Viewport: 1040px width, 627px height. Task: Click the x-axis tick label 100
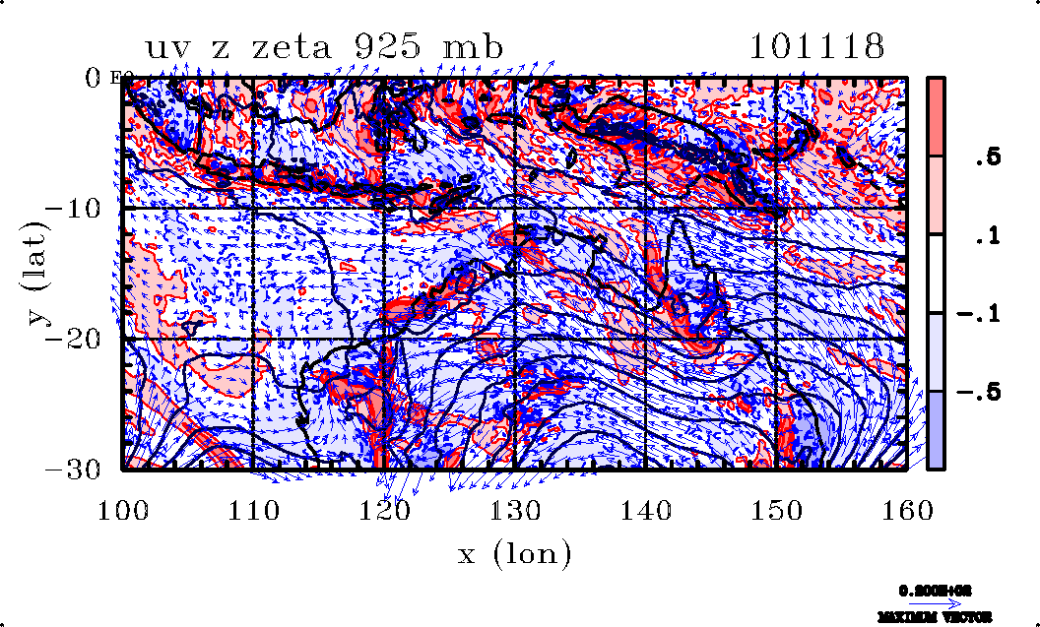click(x=123, y=509)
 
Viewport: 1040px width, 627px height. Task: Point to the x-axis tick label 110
click(x=254, y=509)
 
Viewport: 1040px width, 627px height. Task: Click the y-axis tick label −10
click(x=80, y=209)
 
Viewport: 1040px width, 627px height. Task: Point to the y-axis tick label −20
click(x=80, y=339)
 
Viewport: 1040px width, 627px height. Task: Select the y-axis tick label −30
click(x=80, y=470)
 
